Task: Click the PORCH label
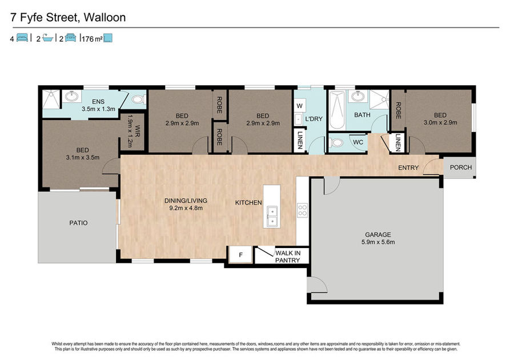point(460,167)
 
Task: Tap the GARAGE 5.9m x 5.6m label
point(378,238)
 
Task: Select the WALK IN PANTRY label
point(287,257)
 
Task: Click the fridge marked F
point(240,254)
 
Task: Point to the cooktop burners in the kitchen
point(302,210)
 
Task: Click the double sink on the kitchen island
point(272,217)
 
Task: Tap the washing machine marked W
point(300,106)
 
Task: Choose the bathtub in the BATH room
point(337,110)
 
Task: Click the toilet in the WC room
point(336,143)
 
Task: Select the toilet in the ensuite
point(139,99)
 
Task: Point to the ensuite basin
point(71,97)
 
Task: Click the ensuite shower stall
point(51,99)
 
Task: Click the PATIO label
point(78,223)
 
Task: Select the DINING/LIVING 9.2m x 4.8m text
point(186,204)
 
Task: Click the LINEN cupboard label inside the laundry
point(300,140)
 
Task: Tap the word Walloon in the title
point(105,17)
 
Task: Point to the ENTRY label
point(408,167)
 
